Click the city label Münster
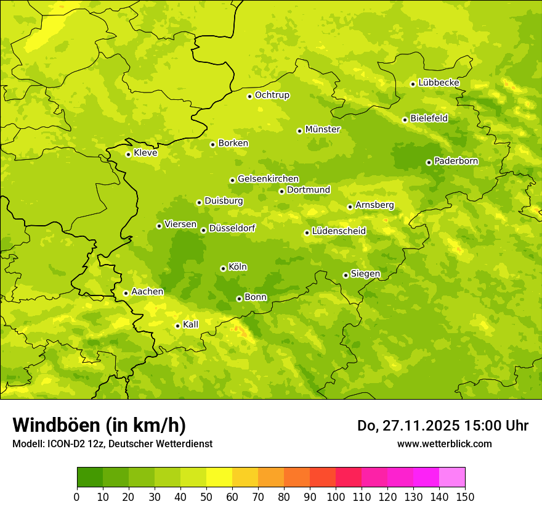pos(323,130)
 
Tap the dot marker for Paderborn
pos(429,162)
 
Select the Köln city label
pos(238,267)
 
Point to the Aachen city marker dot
pos(126,293)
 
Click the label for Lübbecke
pos(439,83)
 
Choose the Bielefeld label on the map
pos(429,118)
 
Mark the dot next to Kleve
pos(128,154)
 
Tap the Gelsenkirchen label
pos(268,179)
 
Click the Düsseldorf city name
pos(232,228)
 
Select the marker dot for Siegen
pos(346,275)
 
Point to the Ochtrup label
pos(272,95)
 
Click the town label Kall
pos(191,324)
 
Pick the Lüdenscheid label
pos(339,231)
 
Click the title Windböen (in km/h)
pos(99,425)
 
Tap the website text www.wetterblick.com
pos(444,444)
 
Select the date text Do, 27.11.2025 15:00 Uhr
pos(443,426)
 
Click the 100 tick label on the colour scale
pos(336,497)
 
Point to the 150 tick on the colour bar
pos(465,497)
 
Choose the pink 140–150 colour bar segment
pos(452,477)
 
